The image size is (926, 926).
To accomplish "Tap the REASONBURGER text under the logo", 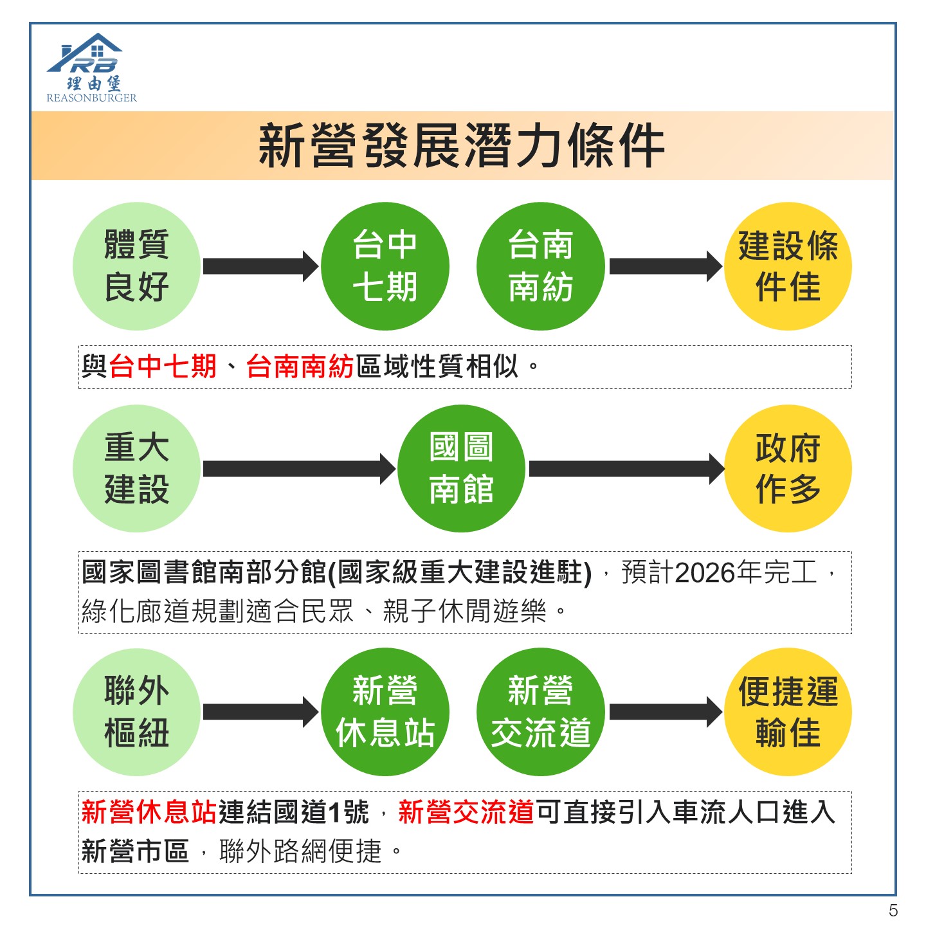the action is click(92, 98).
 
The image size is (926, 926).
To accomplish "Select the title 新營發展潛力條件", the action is click(461, 145).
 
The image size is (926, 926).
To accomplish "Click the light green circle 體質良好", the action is click(136, 266).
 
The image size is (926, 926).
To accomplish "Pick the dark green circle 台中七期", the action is click(385, 266).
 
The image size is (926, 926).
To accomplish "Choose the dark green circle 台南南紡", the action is click(541, 266).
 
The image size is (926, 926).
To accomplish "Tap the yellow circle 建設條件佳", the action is click(788, 266).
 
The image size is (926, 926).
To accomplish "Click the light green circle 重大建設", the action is click(136, 469).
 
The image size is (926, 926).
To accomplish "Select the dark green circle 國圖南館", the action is click(461, 469).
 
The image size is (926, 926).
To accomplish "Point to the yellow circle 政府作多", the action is click(788, 469).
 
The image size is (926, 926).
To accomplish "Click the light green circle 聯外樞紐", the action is click(136, 712).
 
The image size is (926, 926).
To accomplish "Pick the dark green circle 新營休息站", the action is click(385, 712).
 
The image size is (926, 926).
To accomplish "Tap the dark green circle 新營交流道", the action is click(541, 712).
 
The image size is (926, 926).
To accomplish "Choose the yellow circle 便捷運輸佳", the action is click(788, 712).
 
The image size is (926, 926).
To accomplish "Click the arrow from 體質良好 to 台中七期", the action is click(261, 266).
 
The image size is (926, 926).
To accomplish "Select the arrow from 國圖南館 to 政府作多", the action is click(627, 469).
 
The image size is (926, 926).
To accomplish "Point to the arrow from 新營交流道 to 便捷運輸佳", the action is click(666, 712).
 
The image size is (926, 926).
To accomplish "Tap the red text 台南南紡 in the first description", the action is click(300, 367).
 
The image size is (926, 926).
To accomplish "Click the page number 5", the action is click(893, 910).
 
